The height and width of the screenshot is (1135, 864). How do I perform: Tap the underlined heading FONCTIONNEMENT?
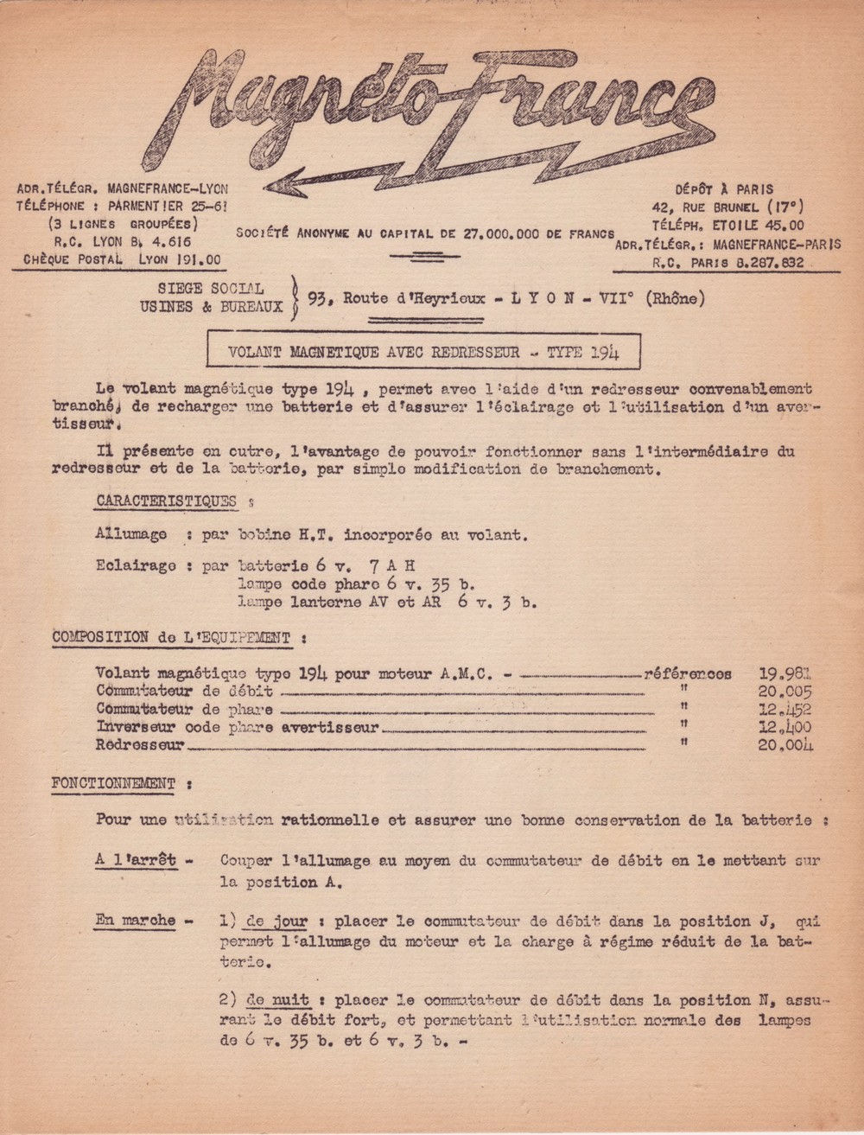(x=113, y=784)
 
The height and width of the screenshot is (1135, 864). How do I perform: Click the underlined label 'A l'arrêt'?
(x=135, y=860)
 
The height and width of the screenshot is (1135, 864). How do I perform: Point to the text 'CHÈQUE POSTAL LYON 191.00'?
(x=122, y=259)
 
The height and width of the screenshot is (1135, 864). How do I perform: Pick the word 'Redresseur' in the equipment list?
(x=140, y=745)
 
